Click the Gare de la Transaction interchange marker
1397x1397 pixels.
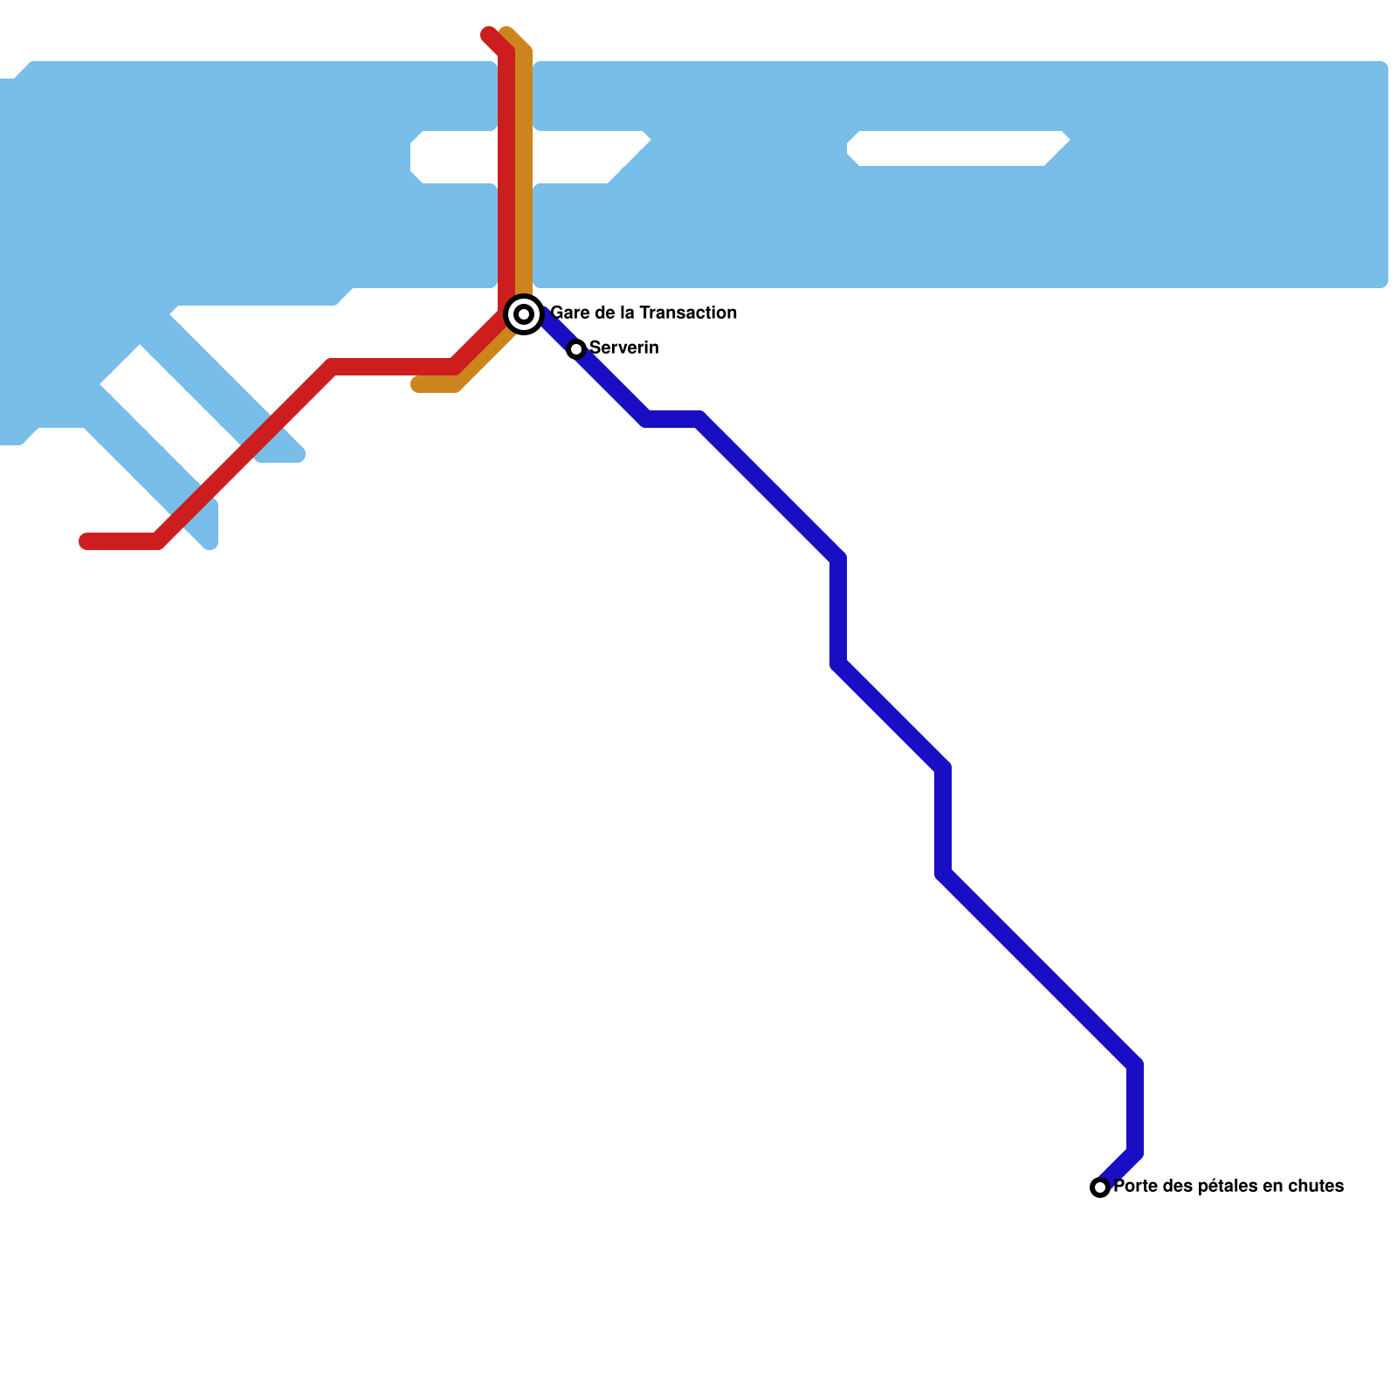coord(524,314)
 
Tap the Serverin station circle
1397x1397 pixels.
coord(576,349)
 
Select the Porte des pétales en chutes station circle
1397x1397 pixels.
coord(1100,1187)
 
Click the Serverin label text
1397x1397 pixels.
coord(624,348)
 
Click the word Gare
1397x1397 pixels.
coord(569,313)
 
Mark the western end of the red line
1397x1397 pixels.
coord(86,541)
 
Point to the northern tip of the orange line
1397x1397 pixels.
coord(507,33)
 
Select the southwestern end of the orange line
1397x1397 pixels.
coord(417,385)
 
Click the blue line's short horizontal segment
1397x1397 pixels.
coord(672,419)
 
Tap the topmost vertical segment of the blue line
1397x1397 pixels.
coord(838,611)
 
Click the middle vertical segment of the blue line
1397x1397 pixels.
coord(943,821)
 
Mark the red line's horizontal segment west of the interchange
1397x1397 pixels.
coord(393,367)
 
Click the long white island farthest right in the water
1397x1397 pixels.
coord(956,148)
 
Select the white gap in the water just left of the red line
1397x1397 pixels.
coord(454,157)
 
